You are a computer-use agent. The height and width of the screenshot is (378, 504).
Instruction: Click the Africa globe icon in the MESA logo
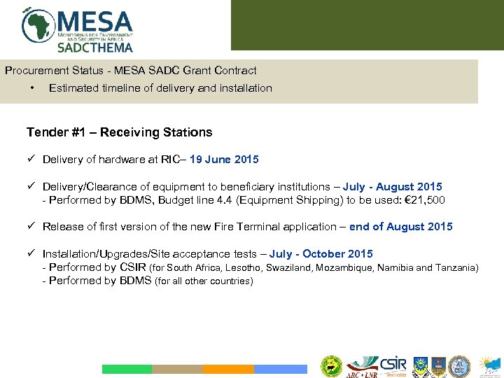[x=39, y=25]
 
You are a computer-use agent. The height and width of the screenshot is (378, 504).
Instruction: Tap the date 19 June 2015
[x=224, y=160]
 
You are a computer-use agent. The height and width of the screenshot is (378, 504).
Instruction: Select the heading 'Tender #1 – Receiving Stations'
[x=119, y=132]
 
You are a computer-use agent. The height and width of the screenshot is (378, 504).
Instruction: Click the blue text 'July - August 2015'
[x=392, y=187]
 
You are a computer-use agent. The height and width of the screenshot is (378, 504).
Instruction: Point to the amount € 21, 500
[x=420, y=200]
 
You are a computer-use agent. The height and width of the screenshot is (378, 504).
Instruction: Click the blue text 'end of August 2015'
[x=400, y=227]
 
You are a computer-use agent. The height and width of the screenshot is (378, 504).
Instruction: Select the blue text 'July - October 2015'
[x=321, y=254]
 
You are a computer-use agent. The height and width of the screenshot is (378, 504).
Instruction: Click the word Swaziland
[x=291, y=267]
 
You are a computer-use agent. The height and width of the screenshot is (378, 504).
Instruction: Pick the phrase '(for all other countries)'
[x=204, y=281]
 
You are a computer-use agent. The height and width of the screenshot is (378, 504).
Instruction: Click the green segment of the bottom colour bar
[x=127, y=369]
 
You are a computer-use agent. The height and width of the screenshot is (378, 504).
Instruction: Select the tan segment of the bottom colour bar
[x=177, y=369]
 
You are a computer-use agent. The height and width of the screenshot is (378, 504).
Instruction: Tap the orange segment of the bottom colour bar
[x=228, y=369]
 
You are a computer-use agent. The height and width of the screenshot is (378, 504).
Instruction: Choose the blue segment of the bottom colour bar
[x=280, y=369]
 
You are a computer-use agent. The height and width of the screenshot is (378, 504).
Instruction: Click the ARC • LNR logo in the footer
[x=362, y=366]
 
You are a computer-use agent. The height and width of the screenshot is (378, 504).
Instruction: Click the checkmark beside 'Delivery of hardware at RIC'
[x=31, y=160]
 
